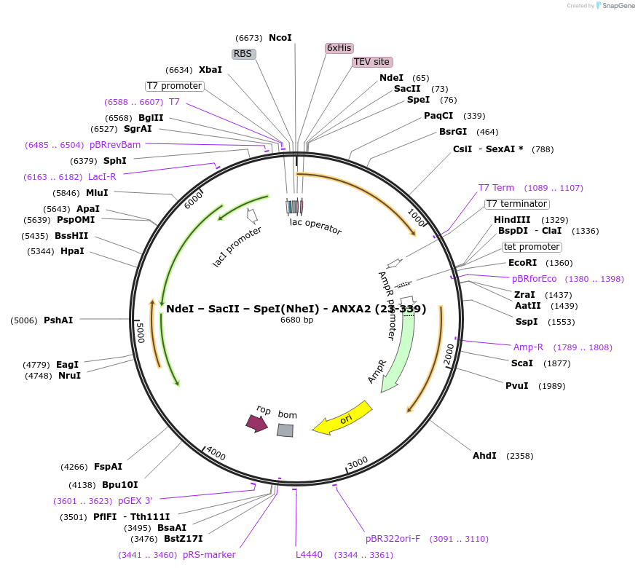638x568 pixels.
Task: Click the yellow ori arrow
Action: tap(342, 419)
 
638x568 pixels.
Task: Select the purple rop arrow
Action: tap(256, 422)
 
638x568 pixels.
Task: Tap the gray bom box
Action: tap(285, 430)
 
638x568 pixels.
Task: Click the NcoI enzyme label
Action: tap(280, 38)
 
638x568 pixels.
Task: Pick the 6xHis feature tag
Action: tap(339, 48)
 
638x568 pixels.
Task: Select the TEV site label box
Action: tap(372, 63)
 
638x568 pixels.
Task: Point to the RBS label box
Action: tap(243, 54)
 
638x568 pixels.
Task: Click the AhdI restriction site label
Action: tap(484, 456)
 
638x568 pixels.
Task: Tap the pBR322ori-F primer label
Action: tap(393, 539)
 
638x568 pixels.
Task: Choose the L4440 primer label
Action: tap(309, 555)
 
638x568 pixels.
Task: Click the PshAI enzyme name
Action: tap(58, 320)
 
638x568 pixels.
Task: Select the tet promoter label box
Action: tap(532, 247)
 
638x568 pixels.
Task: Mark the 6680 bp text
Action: tap(296, 320)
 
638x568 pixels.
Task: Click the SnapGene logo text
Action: tap(615, 6)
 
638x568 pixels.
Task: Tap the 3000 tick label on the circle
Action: tap(358, 464)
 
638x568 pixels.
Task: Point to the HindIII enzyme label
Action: tap(512, 220)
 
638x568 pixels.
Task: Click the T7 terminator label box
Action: tap(517, 204)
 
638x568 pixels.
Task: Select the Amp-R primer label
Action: tap(528, 347)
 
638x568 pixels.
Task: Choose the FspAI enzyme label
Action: tap(108, 467)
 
